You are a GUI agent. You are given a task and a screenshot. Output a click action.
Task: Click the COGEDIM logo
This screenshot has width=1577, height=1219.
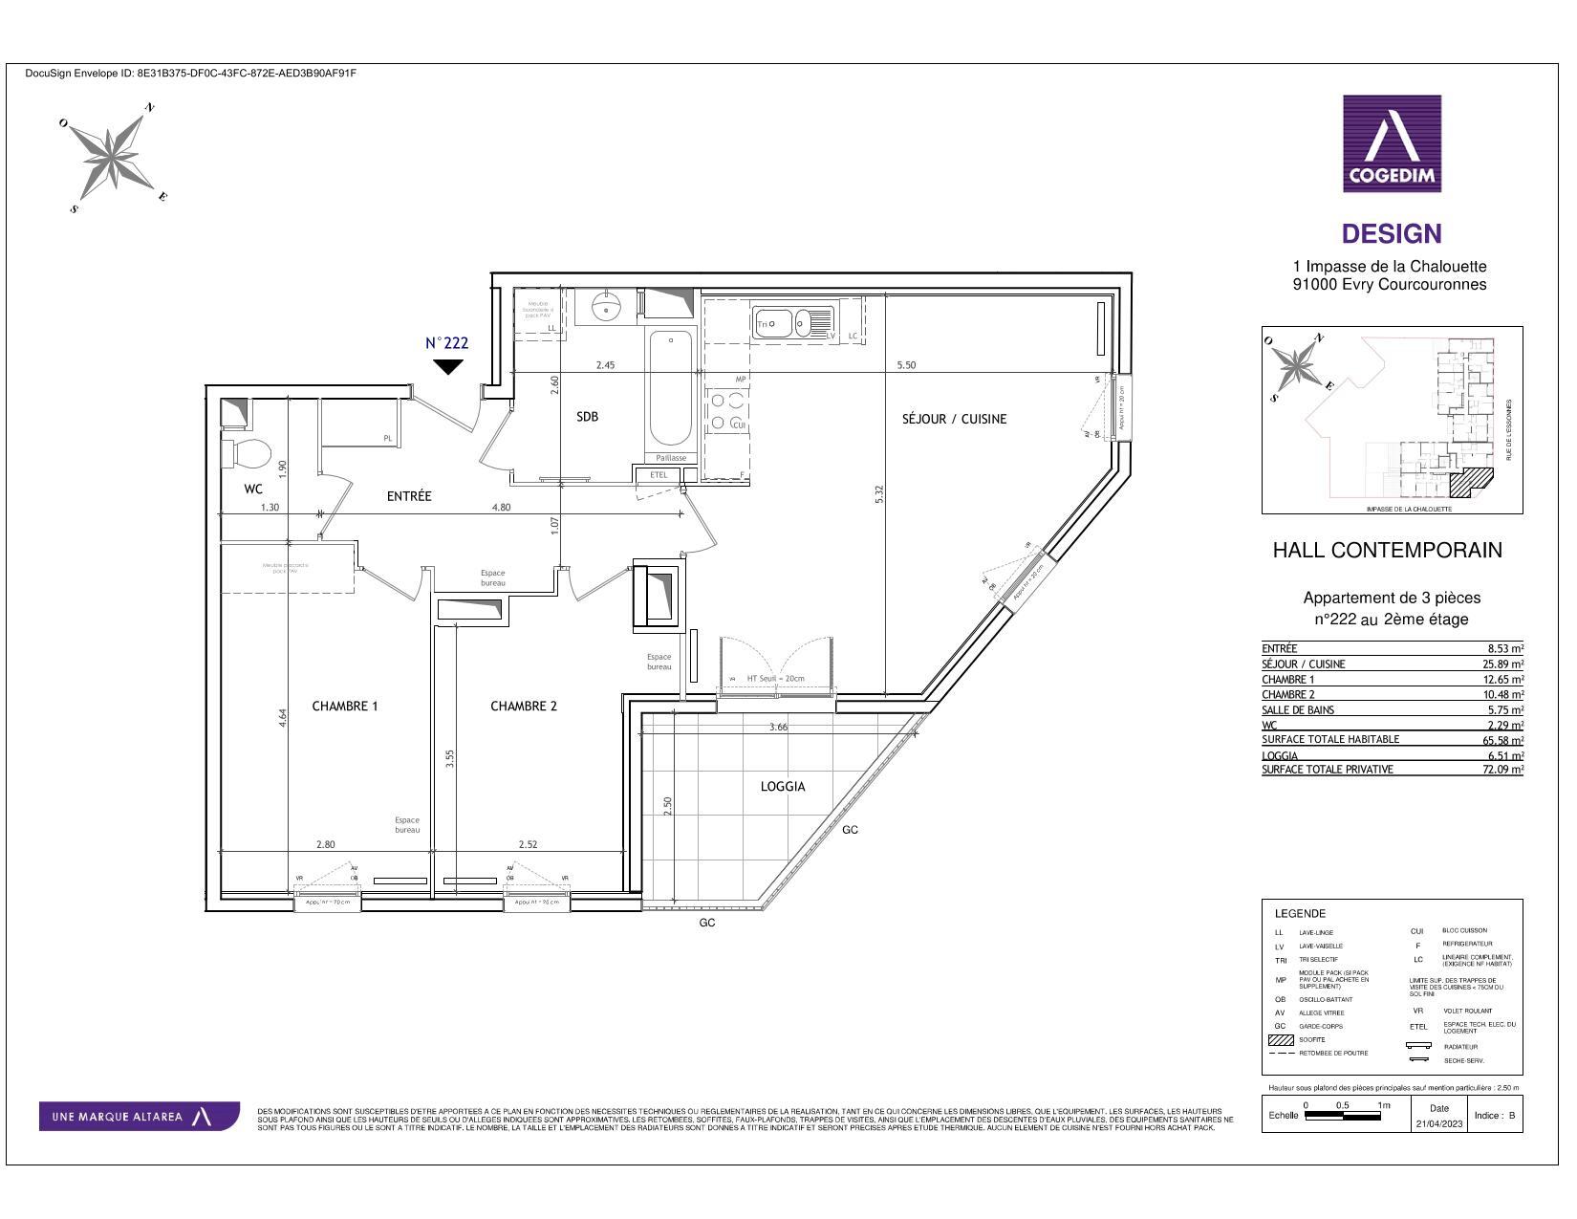click(1392, 143)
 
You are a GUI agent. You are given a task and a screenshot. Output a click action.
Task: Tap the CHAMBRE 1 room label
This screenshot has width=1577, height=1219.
click(345, 707)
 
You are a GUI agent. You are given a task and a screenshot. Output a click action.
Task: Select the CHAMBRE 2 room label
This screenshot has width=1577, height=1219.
click(524, 707)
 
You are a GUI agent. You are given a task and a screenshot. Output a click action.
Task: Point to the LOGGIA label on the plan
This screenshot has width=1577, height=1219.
click(783, 787)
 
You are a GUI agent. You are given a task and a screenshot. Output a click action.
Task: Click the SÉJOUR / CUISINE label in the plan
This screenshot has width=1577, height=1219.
click(954, 419)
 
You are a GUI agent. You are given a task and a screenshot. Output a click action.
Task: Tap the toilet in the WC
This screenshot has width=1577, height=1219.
click(247, 451)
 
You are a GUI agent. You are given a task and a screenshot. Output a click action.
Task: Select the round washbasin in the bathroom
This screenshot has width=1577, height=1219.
click(606, 308)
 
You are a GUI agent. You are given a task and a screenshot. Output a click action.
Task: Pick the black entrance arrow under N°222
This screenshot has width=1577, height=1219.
click(447, 366)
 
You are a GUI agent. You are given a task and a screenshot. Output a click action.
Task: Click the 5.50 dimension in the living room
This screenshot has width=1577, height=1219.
click(906, 365)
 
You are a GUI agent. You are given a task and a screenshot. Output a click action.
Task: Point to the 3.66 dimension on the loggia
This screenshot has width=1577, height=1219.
click(779, 728)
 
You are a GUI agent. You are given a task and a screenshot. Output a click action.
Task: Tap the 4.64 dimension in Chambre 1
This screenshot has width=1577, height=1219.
click(284, 718)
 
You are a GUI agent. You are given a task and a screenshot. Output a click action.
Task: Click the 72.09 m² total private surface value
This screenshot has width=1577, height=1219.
click(1502, 770)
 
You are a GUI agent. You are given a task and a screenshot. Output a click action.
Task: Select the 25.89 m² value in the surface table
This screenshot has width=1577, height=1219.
click(1502, 664)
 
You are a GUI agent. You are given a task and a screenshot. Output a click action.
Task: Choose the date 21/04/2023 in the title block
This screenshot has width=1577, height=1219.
click(1438, 1124)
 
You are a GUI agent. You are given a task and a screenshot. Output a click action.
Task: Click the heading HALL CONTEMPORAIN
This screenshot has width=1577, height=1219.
click(1387, 551)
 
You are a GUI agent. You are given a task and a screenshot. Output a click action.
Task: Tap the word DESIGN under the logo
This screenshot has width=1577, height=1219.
click(1392, 234)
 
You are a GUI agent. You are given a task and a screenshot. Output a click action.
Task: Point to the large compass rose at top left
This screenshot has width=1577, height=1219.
click(116, 156)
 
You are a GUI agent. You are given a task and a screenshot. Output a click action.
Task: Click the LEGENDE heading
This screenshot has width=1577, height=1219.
click(1300, 914)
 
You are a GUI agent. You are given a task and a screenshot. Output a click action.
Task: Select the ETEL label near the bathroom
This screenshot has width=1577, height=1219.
click(659, 474)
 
